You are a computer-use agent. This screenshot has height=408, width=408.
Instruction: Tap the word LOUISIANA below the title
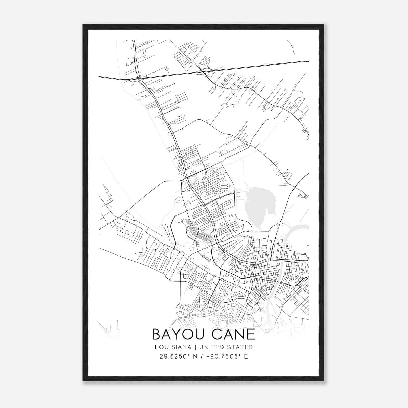coord(173,347)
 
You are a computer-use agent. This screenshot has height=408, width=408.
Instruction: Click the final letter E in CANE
coord(251,334)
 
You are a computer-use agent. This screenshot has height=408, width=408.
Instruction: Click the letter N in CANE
coord(241,334)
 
